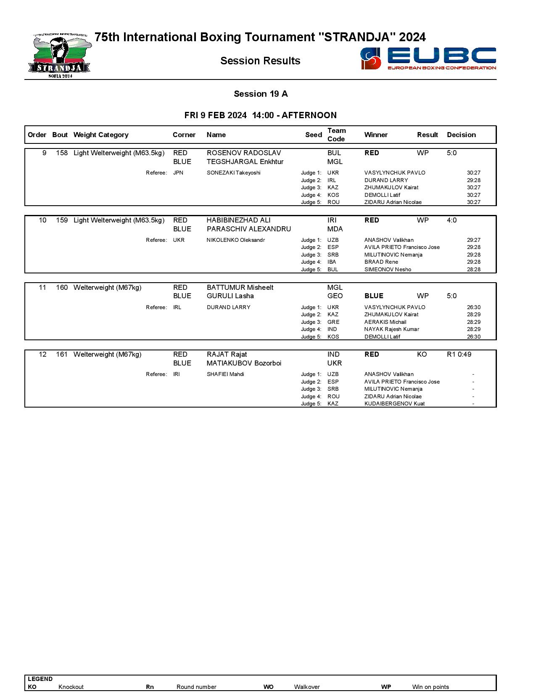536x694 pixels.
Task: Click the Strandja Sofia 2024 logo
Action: pyautogui.click(x=60, y=56)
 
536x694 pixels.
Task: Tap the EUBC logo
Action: pyautogui.click(x=428, y=58)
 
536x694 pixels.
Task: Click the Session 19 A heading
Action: pyautogui.click(x=261, y=94)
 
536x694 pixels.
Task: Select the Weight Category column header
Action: pyautogui.click(x=100, y=135)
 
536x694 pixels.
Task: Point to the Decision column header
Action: pyautogui.click(x=461, y=135)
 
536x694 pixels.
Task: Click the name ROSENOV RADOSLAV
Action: pyautogui.click(x=244, y=153)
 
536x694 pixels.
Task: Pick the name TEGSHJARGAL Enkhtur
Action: pyautogui.click(x=245, y=162)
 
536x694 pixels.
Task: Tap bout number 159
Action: pyautogui.click(x=62, y=220)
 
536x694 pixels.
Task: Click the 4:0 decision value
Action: pyautogui.click(x=452, y=220)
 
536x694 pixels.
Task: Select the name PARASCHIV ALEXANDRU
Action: pyautogui.click(x=249, y=229)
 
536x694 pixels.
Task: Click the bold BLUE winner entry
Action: pyautogui.click(x=374, y=296)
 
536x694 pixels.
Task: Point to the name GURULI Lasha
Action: pyautogui.click(x=230, y=296)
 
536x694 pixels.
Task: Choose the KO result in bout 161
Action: pyautogui.click(x=422, y=355)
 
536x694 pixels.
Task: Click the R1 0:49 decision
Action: pyautogui.click(x=459, y=355)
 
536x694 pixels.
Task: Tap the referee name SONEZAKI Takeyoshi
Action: pyautogui.click(x=233, y=173)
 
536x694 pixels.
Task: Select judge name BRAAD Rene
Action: pyautogui.click(x=381, y=262)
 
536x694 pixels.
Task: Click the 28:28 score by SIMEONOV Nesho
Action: pyautogui.click(x=473, y=270)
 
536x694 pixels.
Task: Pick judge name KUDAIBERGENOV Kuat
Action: pyautogui.click(x=394, y=404)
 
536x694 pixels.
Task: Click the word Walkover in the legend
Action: pyautogui.click(x=307, y=687)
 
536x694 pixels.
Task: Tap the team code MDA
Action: pyautogui.click(x=335, y=229)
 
